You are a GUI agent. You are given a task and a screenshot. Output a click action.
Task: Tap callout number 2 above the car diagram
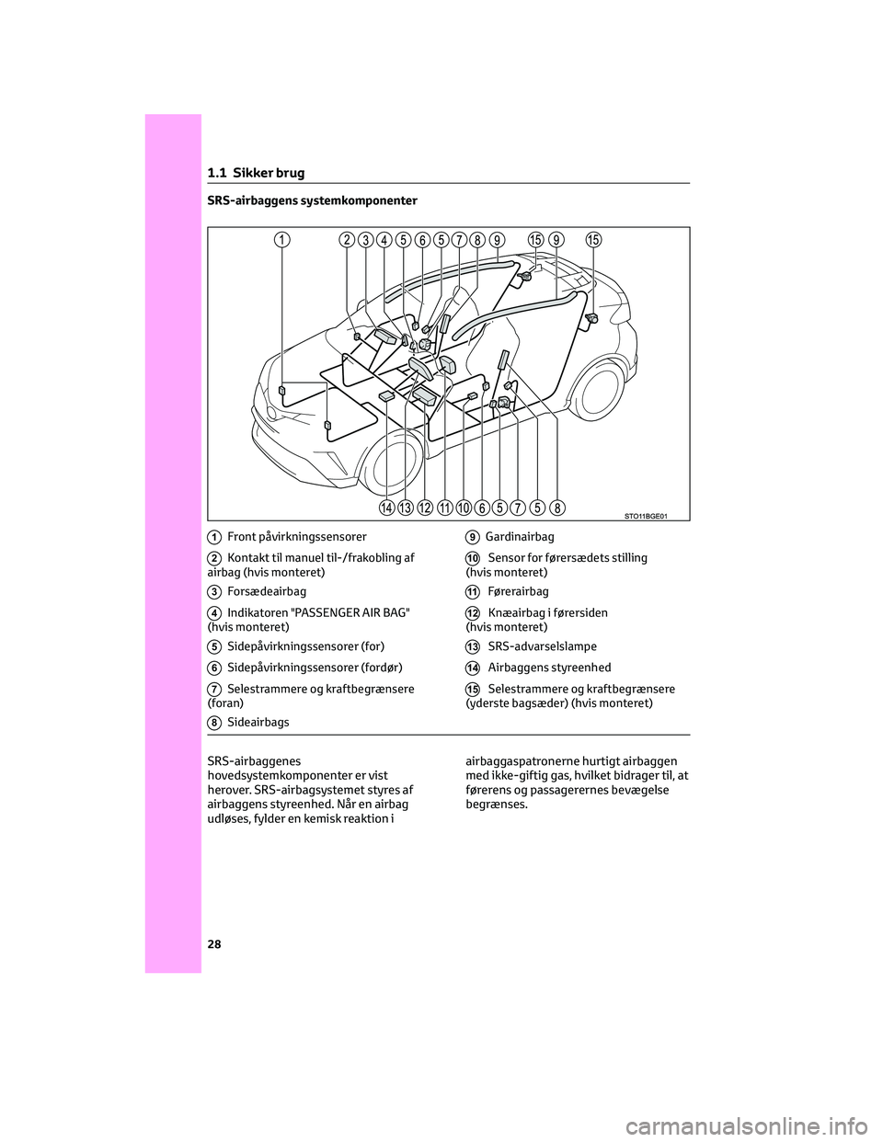[x=346, y=240]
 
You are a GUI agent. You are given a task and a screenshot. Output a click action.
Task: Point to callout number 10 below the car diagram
[x=463, y=508]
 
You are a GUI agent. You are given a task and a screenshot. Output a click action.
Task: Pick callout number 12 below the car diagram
[x=425, y=508]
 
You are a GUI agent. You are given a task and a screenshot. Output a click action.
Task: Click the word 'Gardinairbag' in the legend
[x=519, y=536]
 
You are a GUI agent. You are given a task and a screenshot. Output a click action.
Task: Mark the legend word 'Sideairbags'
[x=258, y=723]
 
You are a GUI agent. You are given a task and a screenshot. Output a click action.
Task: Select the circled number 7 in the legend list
[x=212, y=689]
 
